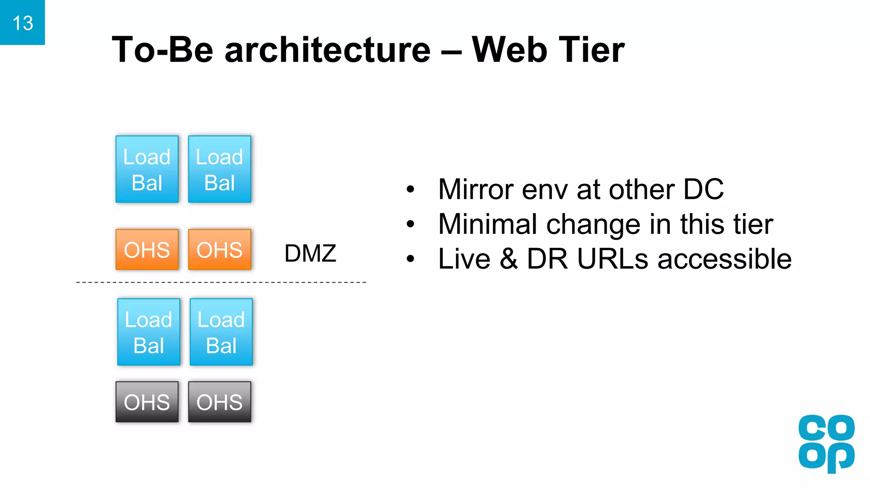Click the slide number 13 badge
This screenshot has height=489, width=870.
(23, 22)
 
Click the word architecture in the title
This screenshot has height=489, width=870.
(328, 50)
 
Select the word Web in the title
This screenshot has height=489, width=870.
(509, 50)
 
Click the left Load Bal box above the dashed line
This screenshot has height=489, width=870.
(147, 169)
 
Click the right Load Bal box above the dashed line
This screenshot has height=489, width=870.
(220, 169)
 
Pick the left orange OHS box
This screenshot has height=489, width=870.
(147, 250)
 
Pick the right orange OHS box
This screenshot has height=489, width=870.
(220, 250)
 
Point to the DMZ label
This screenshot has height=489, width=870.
(310, 253)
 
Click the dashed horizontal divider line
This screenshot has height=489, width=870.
(221, 282)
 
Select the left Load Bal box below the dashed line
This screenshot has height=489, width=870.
(149, 332)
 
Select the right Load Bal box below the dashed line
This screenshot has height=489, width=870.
(221, 332)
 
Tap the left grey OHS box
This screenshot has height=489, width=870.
(147, 402)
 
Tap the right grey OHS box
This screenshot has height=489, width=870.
(220, 402)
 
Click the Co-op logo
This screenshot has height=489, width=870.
(826, 444)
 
